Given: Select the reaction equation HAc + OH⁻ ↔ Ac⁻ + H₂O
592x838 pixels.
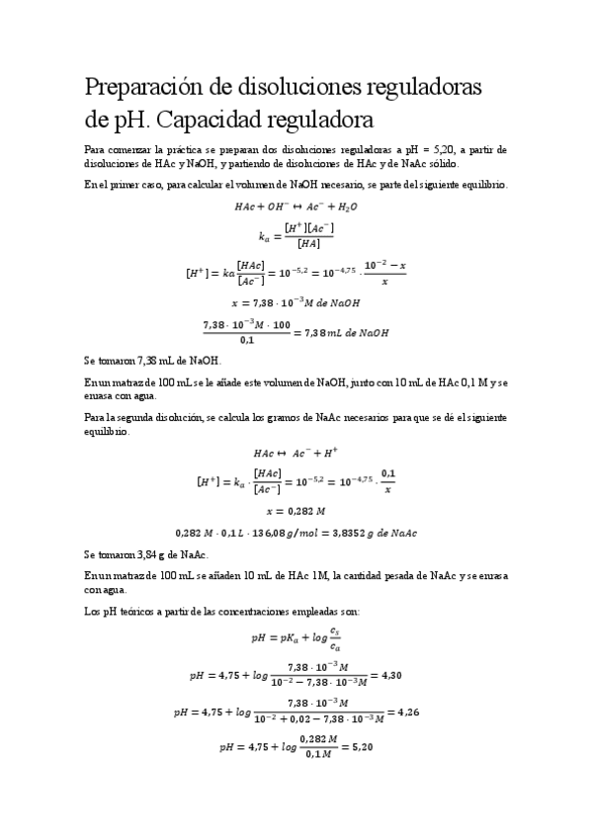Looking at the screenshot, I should tap(296, 208).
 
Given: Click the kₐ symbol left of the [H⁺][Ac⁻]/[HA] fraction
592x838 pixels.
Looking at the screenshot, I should tap(264, 237).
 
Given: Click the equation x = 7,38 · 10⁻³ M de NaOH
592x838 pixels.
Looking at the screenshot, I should tap(296, 303).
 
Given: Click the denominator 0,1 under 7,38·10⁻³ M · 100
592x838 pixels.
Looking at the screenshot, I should tap(247, 341).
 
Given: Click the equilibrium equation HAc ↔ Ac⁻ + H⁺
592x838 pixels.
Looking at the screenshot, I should tap(296, 453).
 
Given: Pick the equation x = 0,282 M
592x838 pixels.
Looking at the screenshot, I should tap(296, 511).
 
